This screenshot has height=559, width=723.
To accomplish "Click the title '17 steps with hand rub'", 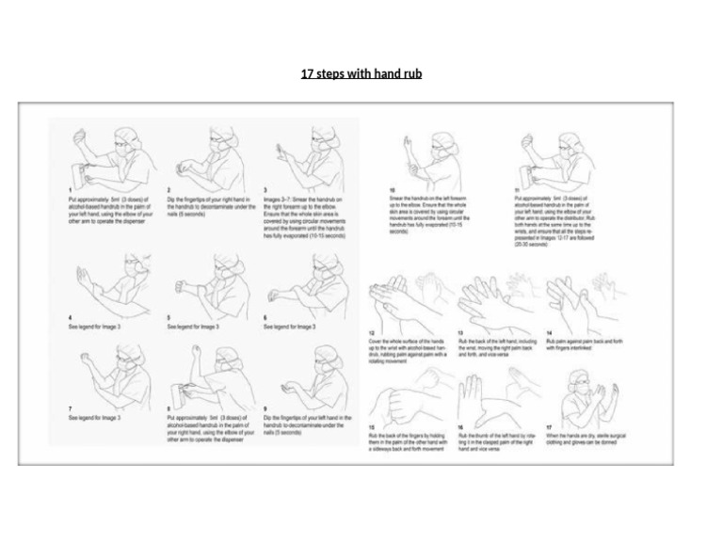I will click(361, 73).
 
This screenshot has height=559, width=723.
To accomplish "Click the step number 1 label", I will click(70, 191).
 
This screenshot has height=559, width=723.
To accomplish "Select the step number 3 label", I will click(265, 191).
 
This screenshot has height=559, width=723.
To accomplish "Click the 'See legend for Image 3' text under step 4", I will click(94, 327).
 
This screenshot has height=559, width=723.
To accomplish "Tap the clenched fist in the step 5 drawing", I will click(180, 286).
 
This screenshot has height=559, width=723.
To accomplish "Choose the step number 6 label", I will click(265, 318).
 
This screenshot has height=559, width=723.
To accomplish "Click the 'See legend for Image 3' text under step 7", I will click(94, 417).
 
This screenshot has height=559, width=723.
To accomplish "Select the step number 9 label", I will click(265, 408).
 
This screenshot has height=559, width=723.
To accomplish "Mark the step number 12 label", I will click(371, 333).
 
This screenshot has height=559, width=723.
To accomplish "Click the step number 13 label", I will click(460, 333).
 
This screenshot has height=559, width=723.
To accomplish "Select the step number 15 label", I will click(371, 428).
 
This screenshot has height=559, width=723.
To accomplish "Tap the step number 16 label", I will click(460, 428).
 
